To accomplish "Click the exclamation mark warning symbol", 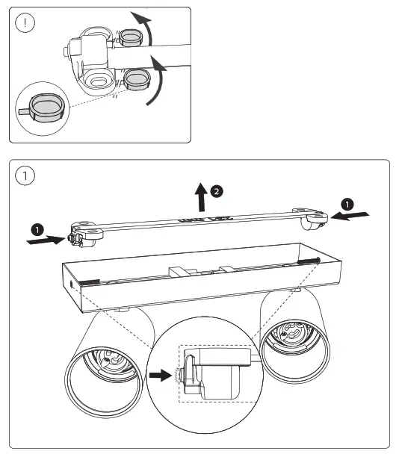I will pyautogui.click(x=26, y=22).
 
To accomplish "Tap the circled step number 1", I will pyautogui.click(x=28, y=176).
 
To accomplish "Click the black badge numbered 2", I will pyautogui.click(x=217, y=192).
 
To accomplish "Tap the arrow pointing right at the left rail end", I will pyautogui.click(x=43, y=241).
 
